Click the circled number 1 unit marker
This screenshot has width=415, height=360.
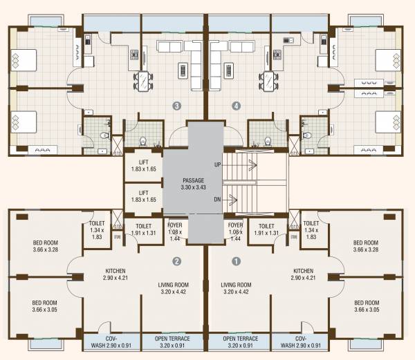point(237,262)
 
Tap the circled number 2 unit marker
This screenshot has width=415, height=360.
point(176,262)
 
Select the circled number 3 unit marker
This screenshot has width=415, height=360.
point(177,106)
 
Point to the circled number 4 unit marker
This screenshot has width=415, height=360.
point(237,106)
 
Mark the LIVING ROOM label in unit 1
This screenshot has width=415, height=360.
point(235,287)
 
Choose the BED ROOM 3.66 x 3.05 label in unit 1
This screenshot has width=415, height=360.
point(366,306)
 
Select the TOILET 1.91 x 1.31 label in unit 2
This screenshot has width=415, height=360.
point(143,229)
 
